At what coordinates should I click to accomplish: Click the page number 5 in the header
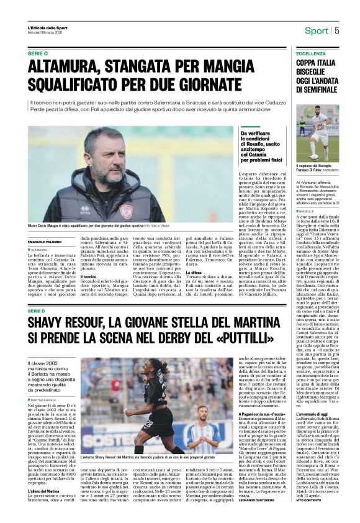pyautogui.click(x=337, y=30)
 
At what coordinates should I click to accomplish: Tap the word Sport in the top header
pyautogui.click(x=317, y=30)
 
